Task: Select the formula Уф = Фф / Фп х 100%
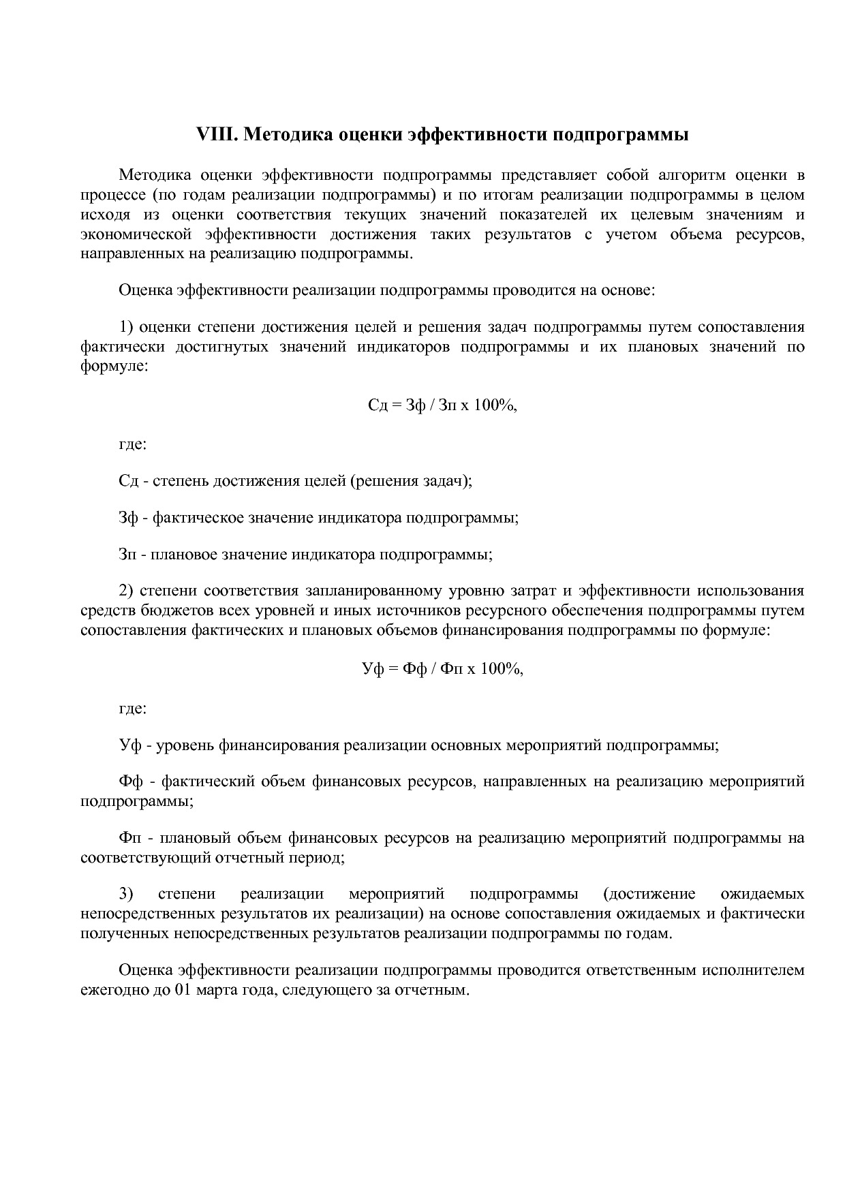point(442,669)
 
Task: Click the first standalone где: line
point(133,444)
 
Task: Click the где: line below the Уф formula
point(133,709)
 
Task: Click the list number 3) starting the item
point(126,893)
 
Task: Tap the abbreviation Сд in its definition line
point(128,481)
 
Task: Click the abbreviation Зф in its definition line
point(128,518)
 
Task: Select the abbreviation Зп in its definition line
point(128,555)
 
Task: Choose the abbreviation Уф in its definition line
point(129,745)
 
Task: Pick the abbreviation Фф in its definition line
point(131,781)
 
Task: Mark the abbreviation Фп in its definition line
point(131,837)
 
